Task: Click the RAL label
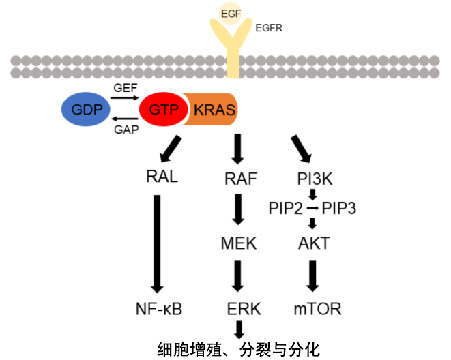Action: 162,177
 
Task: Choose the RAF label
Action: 240,179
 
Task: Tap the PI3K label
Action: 315,179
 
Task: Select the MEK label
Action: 239,243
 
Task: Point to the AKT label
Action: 314,243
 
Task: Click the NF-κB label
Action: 159,309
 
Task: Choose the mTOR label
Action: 317,309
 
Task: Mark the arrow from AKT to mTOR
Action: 313,275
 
